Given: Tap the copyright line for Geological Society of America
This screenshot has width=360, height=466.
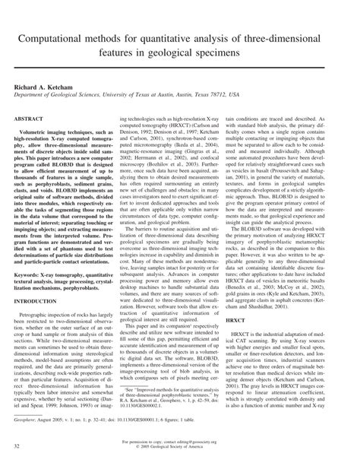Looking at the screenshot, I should (x=179, y=446).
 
